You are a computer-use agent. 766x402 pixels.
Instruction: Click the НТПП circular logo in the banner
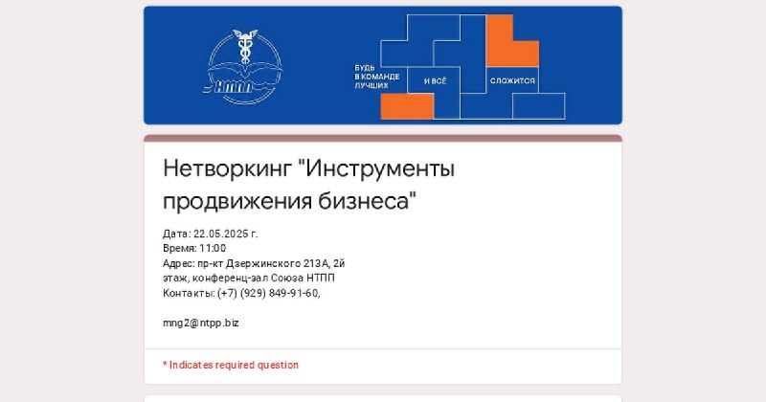[x=244, y=67]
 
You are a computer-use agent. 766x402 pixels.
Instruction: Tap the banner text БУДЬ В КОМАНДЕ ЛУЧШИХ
[x=377, y=77]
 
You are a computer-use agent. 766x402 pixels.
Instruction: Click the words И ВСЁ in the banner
[x=435, y=81]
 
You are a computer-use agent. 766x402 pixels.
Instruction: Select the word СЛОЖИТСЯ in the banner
[x=512, y=80]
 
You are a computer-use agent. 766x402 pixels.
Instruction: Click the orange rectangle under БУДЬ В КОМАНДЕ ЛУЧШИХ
[x=407, y=106]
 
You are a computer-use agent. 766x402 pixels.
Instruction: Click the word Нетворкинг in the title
[x=227, y=169]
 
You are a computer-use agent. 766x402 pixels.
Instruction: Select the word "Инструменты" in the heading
[x=376, y=169]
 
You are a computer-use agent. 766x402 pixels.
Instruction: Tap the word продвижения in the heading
[x=237, y=201]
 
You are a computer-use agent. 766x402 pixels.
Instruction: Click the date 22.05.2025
[x=221, y=234]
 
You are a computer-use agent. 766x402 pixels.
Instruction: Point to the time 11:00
[x=213, y=249]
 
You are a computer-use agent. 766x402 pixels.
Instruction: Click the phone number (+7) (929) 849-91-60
[x=269, y=293]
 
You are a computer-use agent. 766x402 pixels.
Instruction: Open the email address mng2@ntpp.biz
[x=201, y=324]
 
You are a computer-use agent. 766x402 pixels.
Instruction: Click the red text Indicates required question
[x=234, y=365]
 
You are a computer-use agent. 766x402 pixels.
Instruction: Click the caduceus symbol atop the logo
[x=245, y=46]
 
